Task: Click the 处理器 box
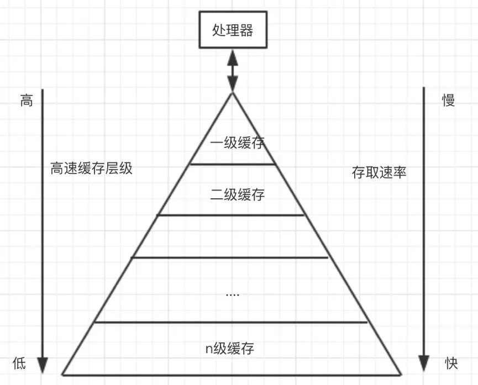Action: tap(232, 30)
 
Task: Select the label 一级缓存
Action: tap(237, 143)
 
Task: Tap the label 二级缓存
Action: tap(237, 194)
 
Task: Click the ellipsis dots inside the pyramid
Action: tap(233, 294)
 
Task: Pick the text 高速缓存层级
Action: tap(92, 168)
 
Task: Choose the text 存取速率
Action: tap(379, 172)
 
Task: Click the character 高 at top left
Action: tap(27, 101)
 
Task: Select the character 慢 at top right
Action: tap(448, 101)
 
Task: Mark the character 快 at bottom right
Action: tap(451, 363)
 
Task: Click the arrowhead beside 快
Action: tap(424, 363)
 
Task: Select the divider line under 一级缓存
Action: tap(233, 164)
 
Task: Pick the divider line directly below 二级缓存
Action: tap(231, 215)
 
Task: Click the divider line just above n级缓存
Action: tap(231, 321)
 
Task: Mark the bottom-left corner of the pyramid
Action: tap(62, 375)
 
